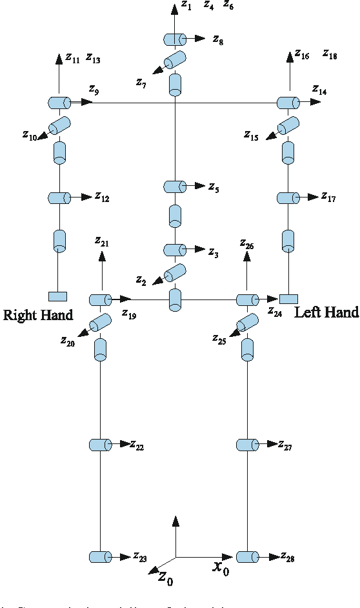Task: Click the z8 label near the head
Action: (218, 41)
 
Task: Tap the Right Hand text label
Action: (38, 316)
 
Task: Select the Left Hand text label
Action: (326, 313)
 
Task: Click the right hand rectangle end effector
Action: (57, 296)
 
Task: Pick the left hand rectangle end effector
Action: (288, 298)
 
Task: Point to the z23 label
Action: (140, 557)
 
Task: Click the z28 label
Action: (288, 557)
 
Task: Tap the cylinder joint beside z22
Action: (100, 445)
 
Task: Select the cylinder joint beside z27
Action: (246, 445)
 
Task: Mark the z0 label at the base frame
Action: (165, 577)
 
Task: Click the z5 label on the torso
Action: (214, 188)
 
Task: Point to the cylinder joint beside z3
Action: (174, 250)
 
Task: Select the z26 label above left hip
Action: (246, 244)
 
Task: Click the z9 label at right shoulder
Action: (94, 90)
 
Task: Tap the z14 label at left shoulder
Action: (319, 90)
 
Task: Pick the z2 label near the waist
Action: (141, 280)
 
